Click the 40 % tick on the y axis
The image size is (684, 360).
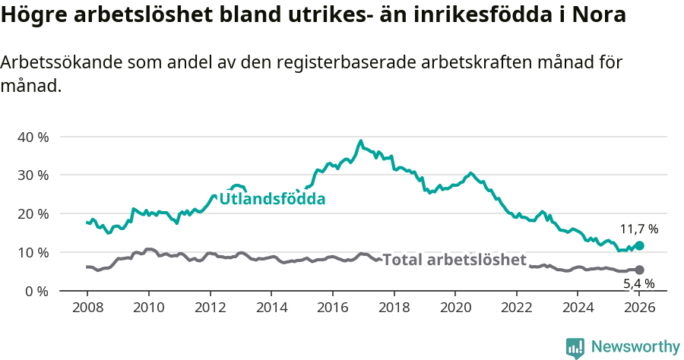pyautogui.click(x=33, y=137)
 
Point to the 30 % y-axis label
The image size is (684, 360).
pyautogui.click(x=33, y=175)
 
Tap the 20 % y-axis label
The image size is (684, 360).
pyautogui.click(x=33, y=214)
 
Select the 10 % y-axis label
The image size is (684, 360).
pyautogui.click(x=33, y=252)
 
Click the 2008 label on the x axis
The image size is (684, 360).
pyautogui.click(x=87, y=308)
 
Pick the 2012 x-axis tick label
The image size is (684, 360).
pyautogui.click(x=210, y=308)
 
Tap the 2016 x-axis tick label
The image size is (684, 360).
pyautogui.click(x=332, y=308)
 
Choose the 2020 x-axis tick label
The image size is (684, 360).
pyautogui.click(x=455, y=308)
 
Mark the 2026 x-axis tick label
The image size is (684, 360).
pyautogui.click(x=639, y=308)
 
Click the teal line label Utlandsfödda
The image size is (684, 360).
pyautogui.click(x=272, y=199)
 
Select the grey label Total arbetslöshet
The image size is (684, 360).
pyautogui.click(x=454, y=260)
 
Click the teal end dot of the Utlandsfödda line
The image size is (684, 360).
pyautogui.click(x=639, y=245)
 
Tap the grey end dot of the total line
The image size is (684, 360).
pyautogui.click(x=639, y=270)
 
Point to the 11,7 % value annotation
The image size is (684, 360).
pyautogui.click(x=638, y=229)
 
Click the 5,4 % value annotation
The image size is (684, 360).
pyautogui.click(x=638, y=283)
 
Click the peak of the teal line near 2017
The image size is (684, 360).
pyautogui.click(x=361, y=141)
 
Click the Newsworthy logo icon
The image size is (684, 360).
pyautogui.click(x=575, y=348)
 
